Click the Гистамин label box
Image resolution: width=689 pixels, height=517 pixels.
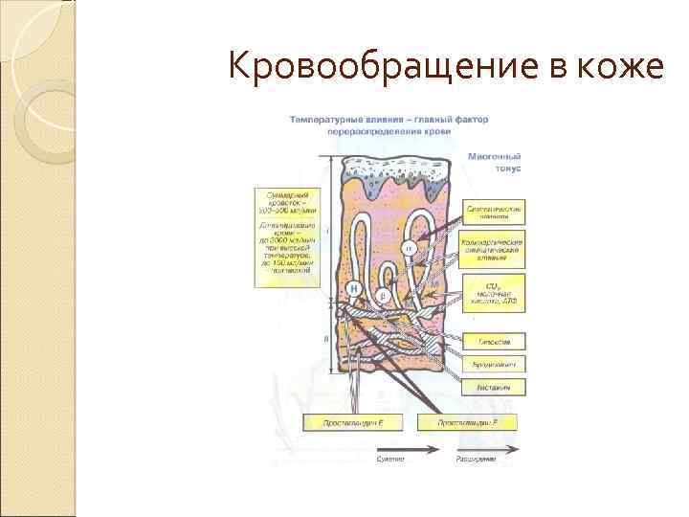(x=496, y=386)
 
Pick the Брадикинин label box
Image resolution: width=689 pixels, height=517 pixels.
(x=496, y=364)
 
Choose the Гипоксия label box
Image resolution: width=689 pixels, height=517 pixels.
(x=496, y=341)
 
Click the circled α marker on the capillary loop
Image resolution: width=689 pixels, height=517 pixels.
(x=407, y=247)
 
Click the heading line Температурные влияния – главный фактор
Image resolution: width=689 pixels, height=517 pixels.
(x=389, y=120)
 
